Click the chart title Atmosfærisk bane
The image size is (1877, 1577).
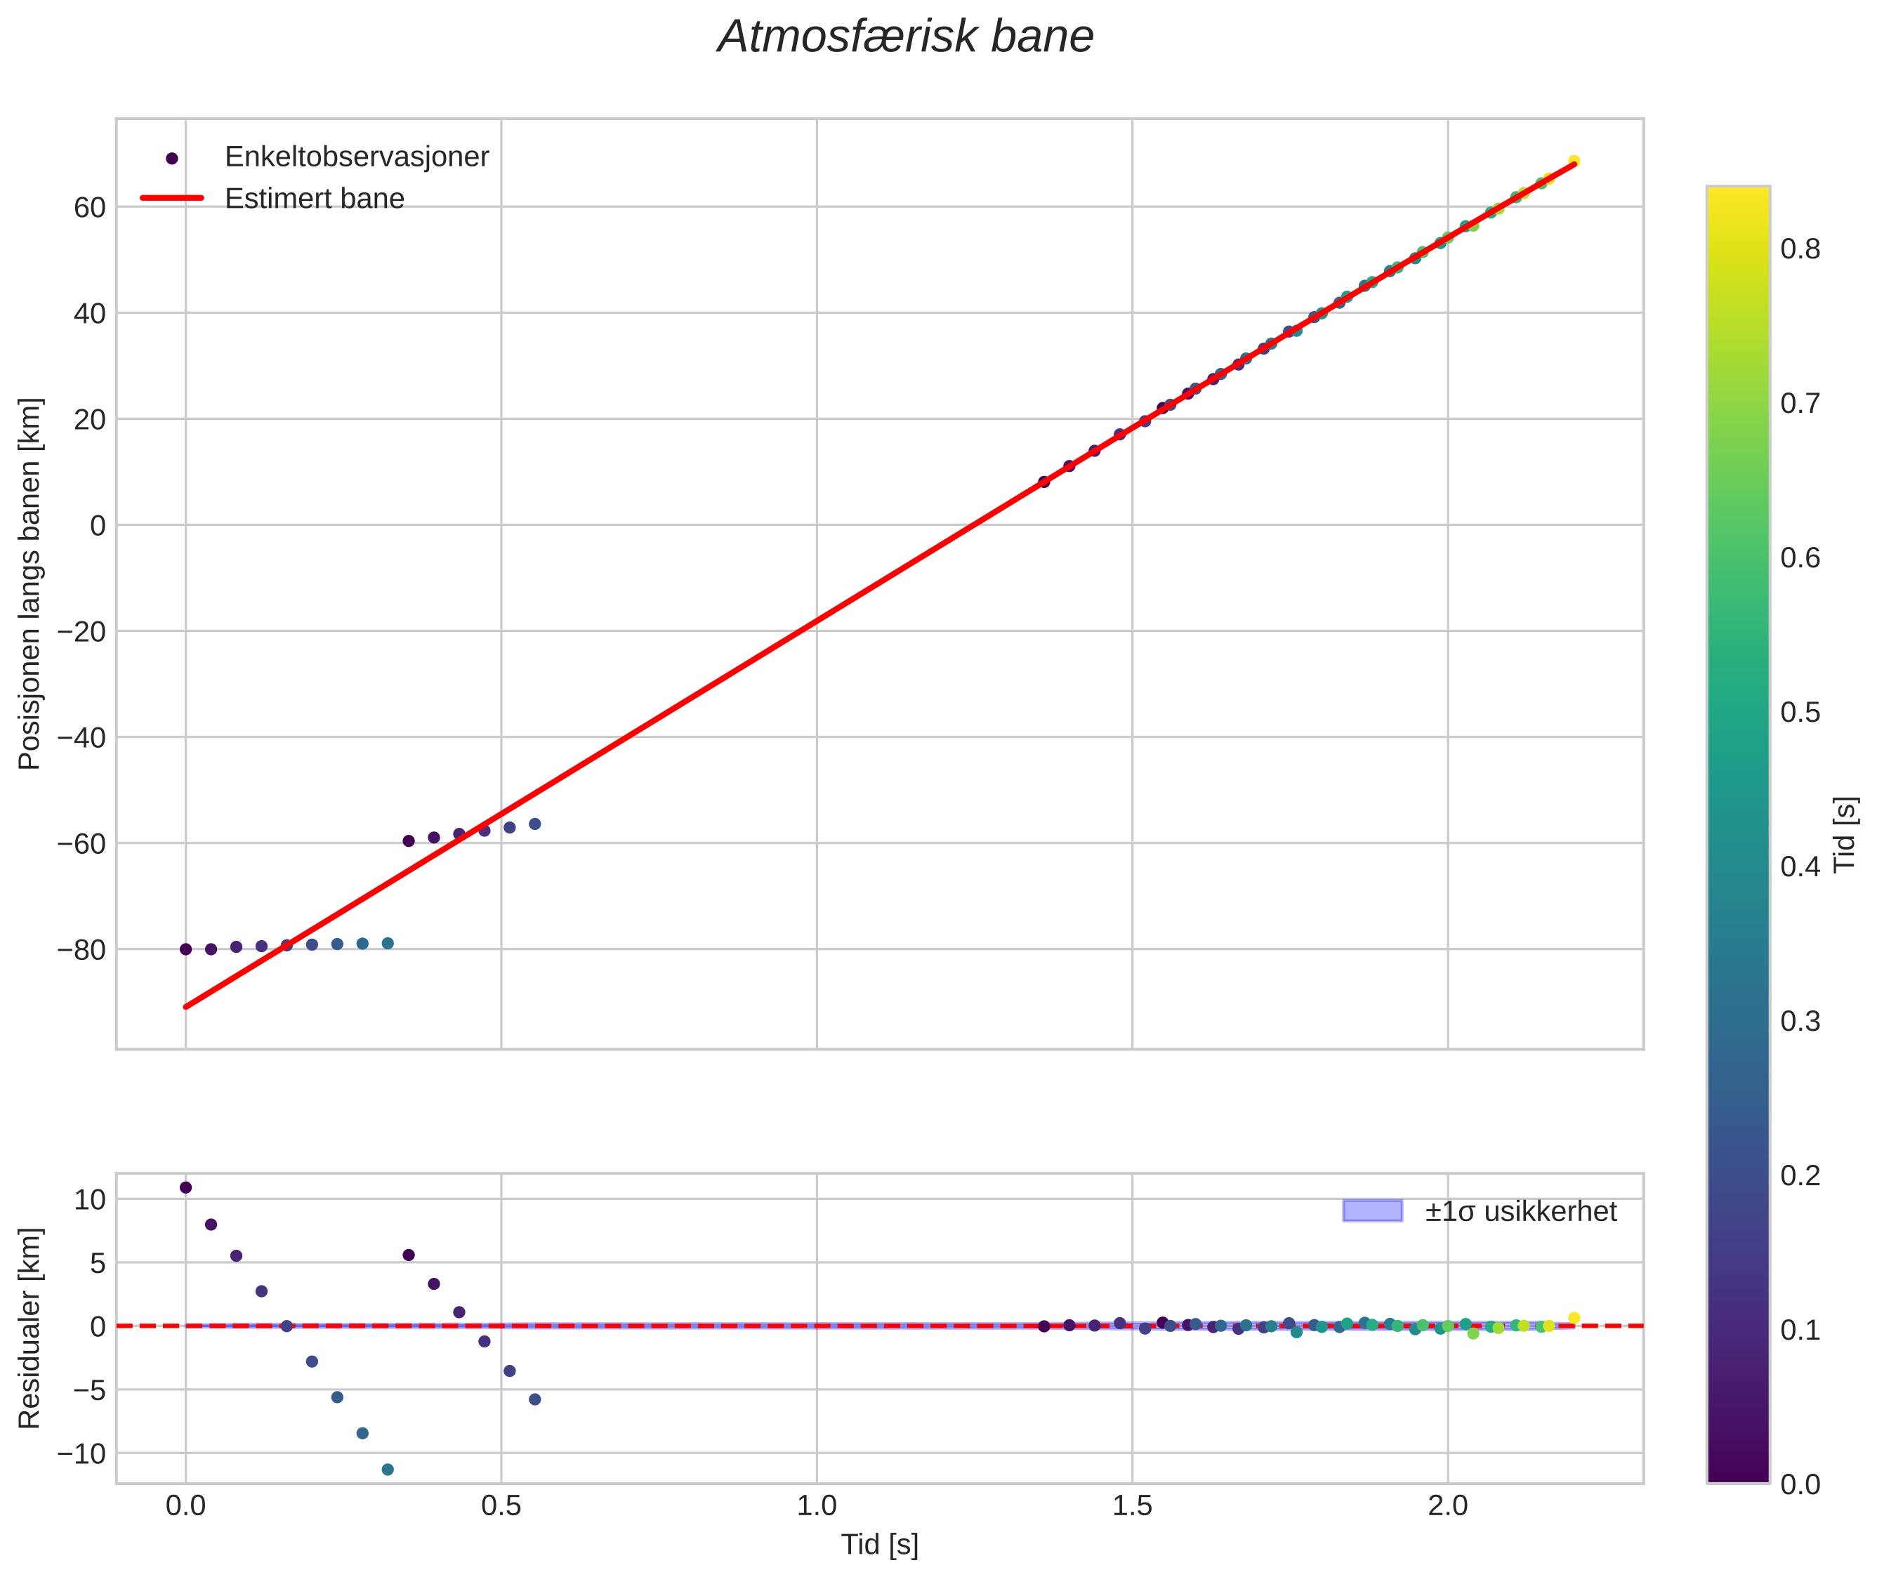pyautogui.click(x=905, y=37)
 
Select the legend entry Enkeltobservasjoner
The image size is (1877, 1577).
pyautogui.click(x=356, y=157)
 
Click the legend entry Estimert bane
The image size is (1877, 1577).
pyautogui.click(x=314, y=199)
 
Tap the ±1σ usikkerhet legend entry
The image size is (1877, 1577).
pyautogui.click(x=1520, y=1211)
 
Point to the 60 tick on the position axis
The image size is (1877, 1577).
pyautogui.click(x=89, y=207)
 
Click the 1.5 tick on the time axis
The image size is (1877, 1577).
pyautogui.click(x=1132, y=1505)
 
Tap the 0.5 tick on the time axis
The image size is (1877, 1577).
pyautogui.click(x=501, y=1505)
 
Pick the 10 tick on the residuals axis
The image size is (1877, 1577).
pyautogui.click(x=89, y=1200)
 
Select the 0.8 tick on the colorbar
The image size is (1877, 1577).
pyautogui.click(x=1800, y=249)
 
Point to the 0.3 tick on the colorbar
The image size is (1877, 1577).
pyautogui.click(x=1800, y=1022)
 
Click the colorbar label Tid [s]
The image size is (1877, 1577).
pyautogui.click(x=1845, y=834)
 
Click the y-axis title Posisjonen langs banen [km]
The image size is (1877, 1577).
pyautogui.click(x=29, y=583)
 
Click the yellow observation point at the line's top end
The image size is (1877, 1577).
pyautogui.click(x=1574, y=161)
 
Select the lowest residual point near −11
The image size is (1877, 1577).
pyautogui.click(x=387, y=1470)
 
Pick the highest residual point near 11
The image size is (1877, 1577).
pyautogui.click(x=186, y=1187)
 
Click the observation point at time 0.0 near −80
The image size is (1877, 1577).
pyautogui.click(x=186, y=949)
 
